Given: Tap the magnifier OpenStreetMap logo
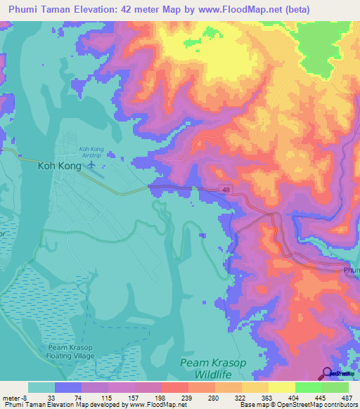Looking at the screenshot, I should (x=328, y=374).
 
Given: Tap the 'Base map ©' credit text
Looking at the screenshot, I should (x=257, y=405).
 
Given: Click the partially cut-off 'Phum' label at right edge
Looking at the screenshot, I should (x=351, y=270).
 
